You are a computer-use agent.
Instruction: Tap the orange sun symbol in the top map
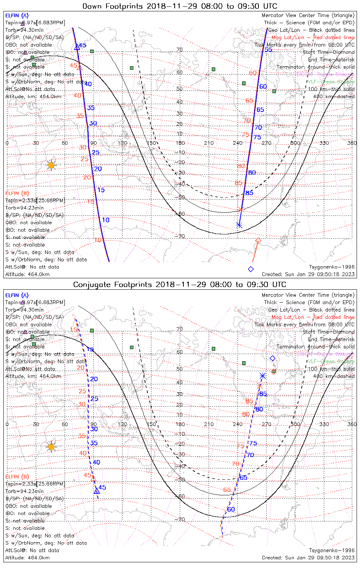tap(51, 165)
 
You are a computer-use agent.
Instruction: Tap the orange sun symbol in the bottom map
tap(51, 447)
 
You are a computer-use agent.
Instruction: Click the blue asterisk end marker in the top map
tap(239, 225)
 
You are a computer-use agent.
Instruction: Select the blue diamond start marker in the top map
tap(250, 269)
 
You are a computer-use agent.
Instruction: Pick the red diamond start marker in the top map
tap(258, 240)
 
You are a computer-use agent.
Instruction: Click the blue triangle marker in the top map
tap(77, 47)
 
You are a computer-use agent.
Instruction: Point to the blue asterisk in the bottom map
tap(263, 376)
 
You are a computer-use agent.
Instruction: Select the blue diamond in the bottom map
tap(272, 358)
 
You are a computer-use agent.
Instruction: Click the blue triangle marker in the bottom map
tap(96, 491)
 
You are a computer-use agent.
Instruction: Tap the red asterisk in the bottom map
tap(260, 386)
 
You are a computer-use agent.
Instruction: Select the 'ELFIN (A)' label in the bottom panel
tap(17, 295)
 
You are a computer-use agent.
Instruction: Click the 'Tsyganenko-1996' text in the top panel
tap(332, 267)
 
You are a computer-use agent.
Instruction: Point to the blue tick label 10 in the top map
tap(106, 220)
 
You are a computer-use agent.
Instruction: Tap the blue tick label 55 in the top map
tap(268, 50)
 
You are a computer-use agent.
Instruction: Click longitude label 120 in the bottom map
tap(122, 424)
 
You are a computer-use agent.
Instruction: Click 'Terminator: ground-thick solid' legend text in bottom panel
tap(315, 346)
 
